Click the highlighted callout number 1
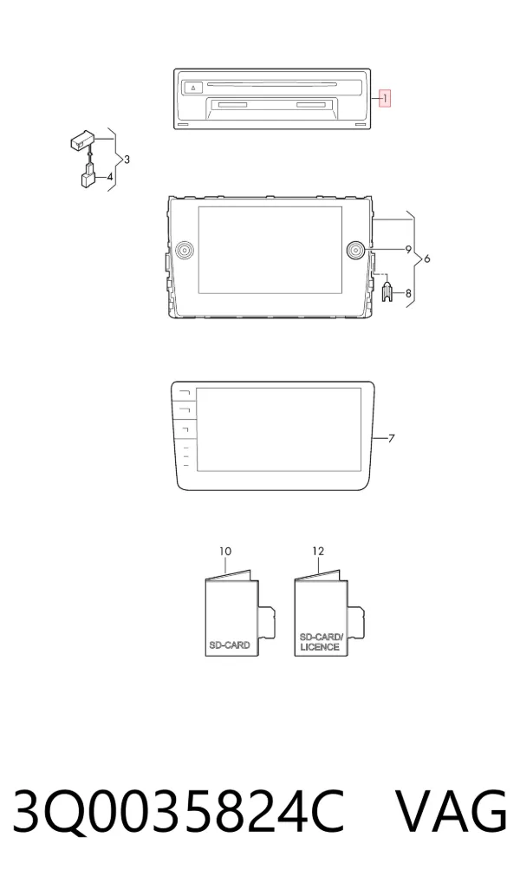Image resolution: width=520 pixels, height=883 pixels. click(385, 99)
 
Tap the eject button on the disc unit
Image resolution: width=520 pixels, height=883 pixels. click(193, 88)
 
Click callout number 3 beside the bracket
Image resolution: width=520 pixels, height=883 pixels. click(127, 160)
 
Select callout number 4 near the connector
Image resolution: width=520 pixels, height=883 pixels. click(110, 177)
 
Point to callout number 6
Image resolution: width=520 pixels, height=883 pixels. click(426, 258)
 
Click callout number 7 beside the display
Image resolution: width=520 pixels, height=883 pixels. click(392, 438)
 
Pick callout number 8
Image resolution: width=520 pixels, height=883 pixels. click(408, 293)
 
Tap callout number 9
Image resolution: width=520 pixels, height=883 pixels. click(408, 250)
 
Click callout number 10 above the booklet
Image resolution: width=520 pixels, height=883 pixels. click(225, 552)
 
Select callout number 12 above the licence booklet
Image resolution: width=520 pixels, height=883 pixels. click(318, 552)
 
